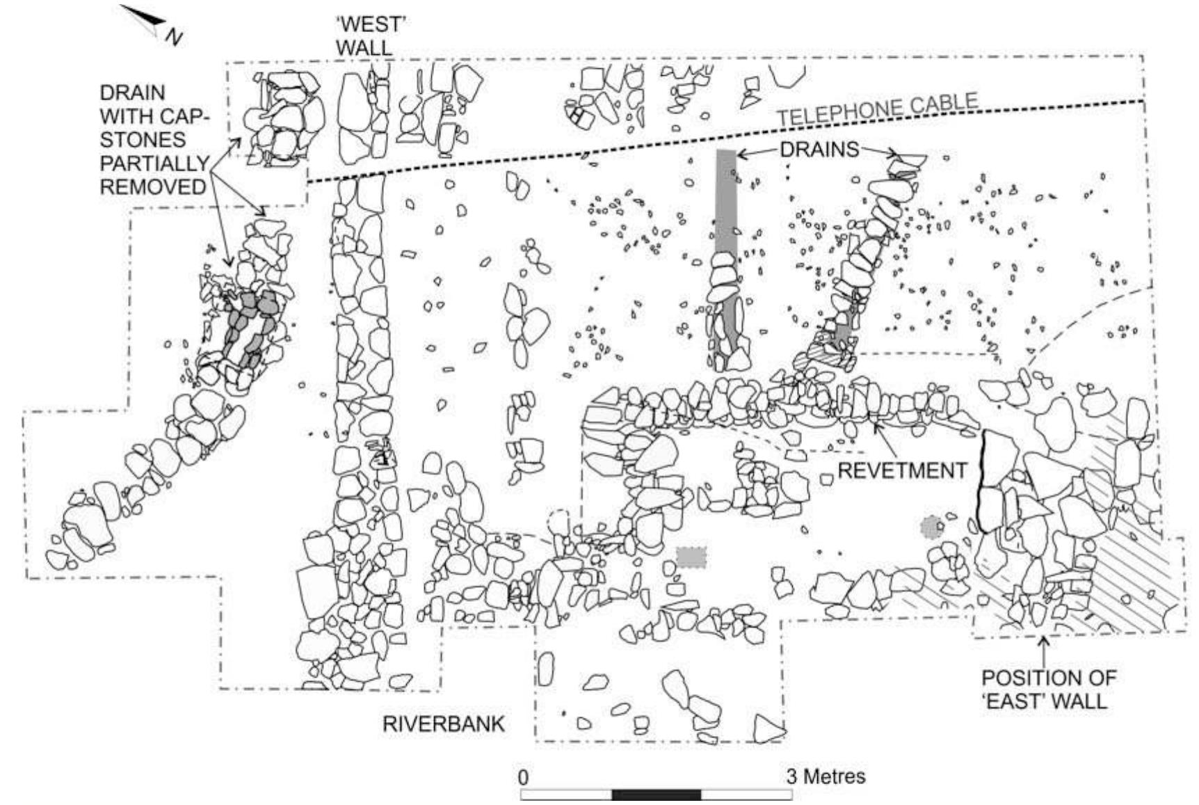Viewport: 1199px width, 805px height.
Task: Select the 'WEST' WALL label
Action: [x=370, y=35]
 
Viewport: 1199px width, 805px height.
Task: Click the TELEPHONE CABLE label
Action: [x=877, y=110]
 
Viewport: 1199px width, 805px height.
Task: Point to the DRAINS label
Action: [x=819, y=150]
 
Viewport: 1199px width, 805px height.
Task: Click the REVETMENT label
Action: [x=901, y=471]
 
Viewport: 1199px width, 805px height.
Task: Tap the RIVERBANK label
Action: [x=444, y=724]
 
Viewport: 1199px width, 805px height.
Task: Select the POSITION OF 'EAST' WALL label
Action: [x=1048, y=688]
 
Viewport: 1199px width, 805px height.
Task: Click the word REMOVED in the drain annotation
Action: [x=153, y=186]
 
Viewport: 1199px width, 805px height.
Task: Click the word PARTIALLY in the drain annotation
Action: [x=154, y=163]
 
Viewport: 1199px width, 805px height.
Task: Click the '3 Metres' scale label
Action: [x=826, y=776]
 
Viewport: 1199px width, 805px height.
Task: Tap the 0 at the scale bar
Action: [x=524, y=777]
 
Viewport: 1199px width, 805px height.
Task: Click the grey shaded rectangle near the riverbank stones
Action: [x=691, y=557]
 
